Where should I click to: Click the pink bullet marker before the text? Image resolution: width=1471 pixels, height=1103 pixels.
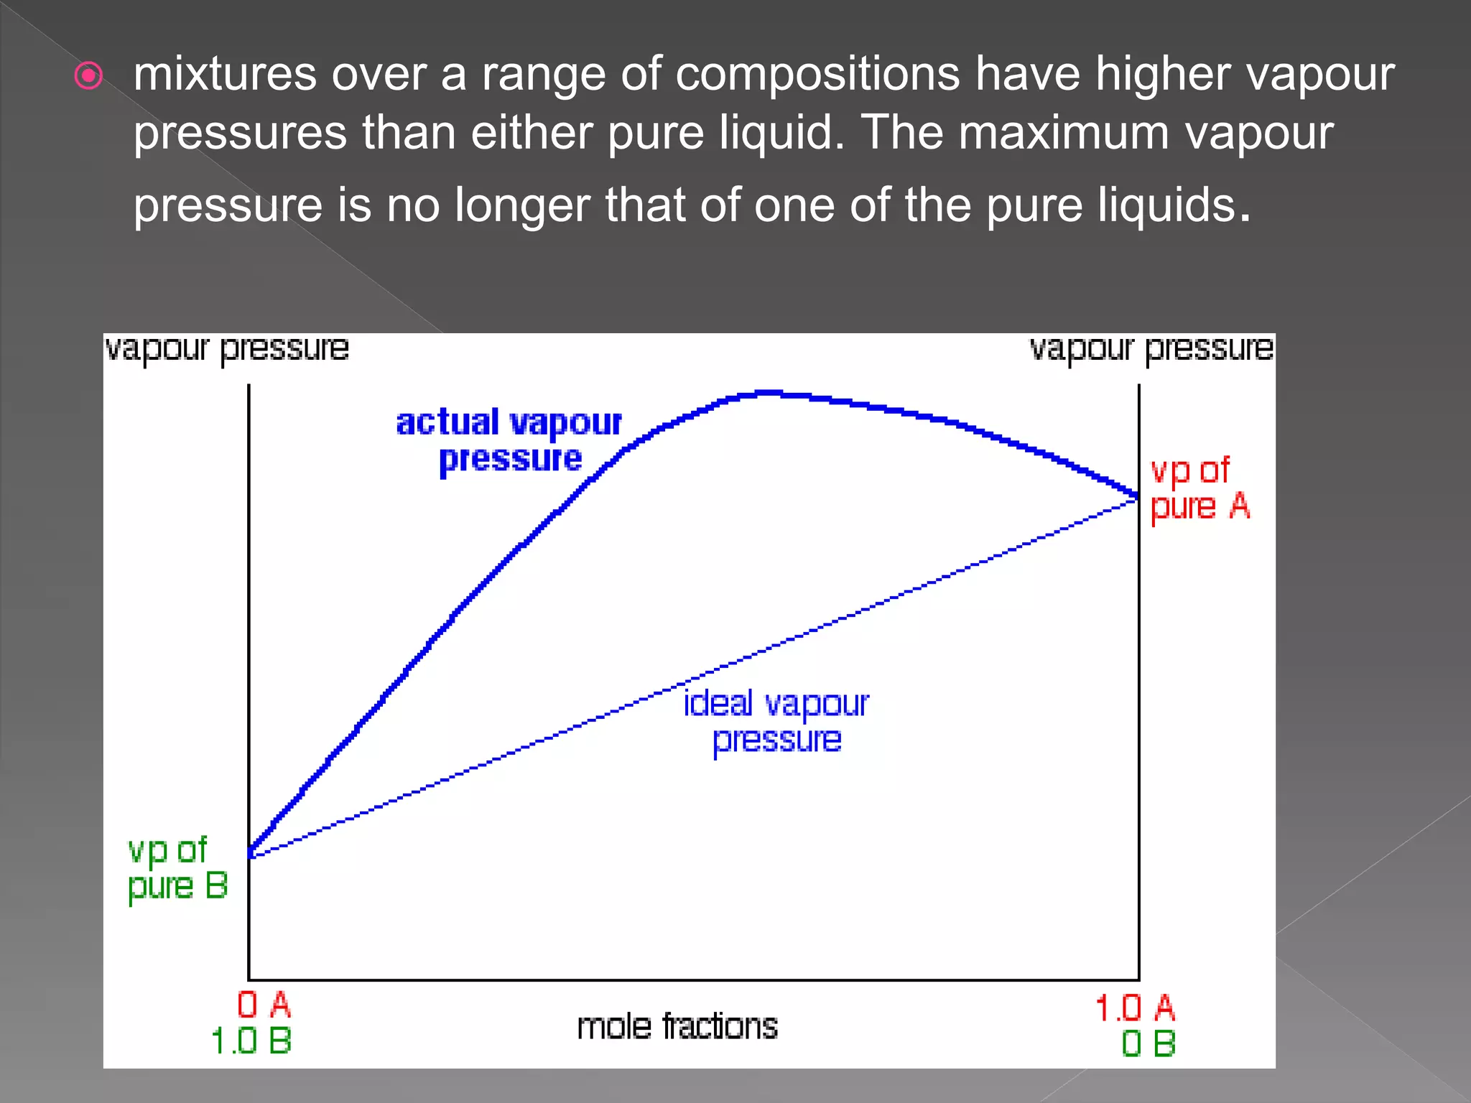88,75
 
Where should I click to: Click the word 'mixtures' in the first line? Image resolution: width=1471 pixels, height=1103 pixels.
224,74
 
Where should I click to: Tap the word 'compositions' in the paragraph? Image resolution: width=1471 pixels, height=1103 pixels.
817,74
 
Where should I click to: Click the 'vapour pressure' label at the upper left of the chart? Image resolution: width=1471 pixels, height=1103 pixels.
226,349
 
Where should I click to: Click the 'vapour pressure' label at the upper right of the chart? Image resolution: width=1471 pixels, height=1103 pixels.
1151,349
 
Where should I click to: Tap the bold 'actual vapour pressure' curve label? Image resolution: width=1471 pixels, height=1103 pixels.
509,440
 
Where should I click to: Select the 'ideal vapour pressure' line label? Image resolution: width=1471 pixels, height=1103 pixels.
776,721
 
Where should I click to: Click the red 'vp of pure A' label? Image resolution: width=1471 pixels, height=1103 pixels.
1199,489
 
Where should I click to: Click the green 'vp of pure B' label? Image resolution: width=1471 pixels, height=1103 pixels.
177,868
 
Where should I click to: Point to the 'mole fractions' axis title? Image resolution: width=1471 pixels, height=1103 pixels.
677,1026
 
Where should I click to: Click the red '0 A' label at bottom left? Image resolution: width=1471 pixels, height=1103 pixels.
264,1005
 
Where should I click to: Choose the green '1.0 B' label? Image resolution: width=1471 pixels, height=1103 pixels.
251,1041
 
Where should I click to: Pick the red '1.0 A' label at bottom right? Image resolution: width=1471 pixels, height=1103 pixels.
1134,1007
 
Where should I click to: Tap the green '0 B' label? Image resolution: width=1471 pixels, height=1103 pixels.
1148,1043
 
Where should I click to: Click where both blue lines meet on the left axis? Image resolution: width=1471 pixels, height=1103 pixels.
250,853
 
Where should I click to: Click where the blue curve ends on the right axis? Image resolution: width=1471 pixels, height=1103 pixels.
1137,495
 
